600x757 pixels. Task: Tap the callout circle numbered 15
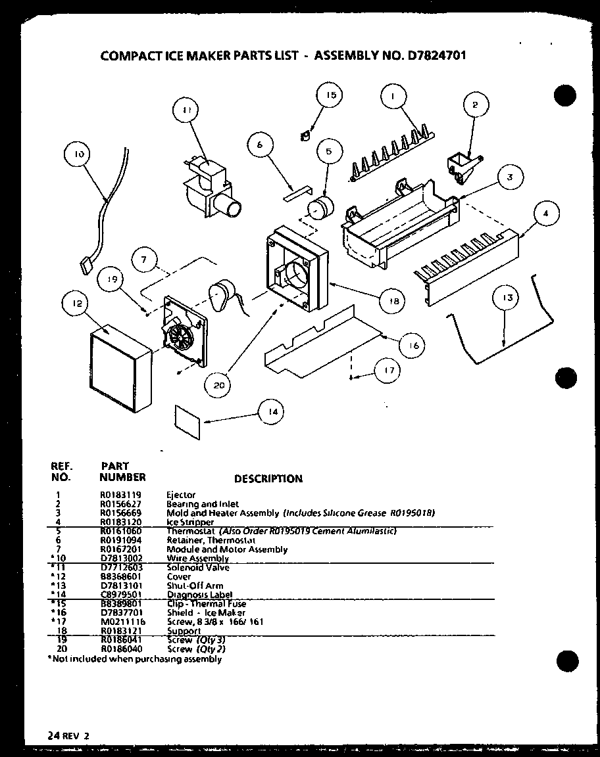click(x=330, y=95)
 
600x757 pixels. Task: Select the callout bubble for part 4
click(x=546, y=213)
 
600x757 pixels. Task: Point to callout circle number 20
click(x=218, y=386)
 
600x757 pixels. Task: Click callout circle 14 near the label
click(x=271, y=411)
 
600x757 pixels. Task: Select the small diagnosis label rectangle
click(x=187, y=420)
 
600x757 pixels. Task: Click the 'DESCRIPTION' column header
click(x=268, y=478)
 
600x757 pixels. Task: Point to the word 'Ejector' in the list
click(x=181, y=495)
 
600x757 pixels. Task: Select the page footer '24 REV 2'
click(x=68, y=735)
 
